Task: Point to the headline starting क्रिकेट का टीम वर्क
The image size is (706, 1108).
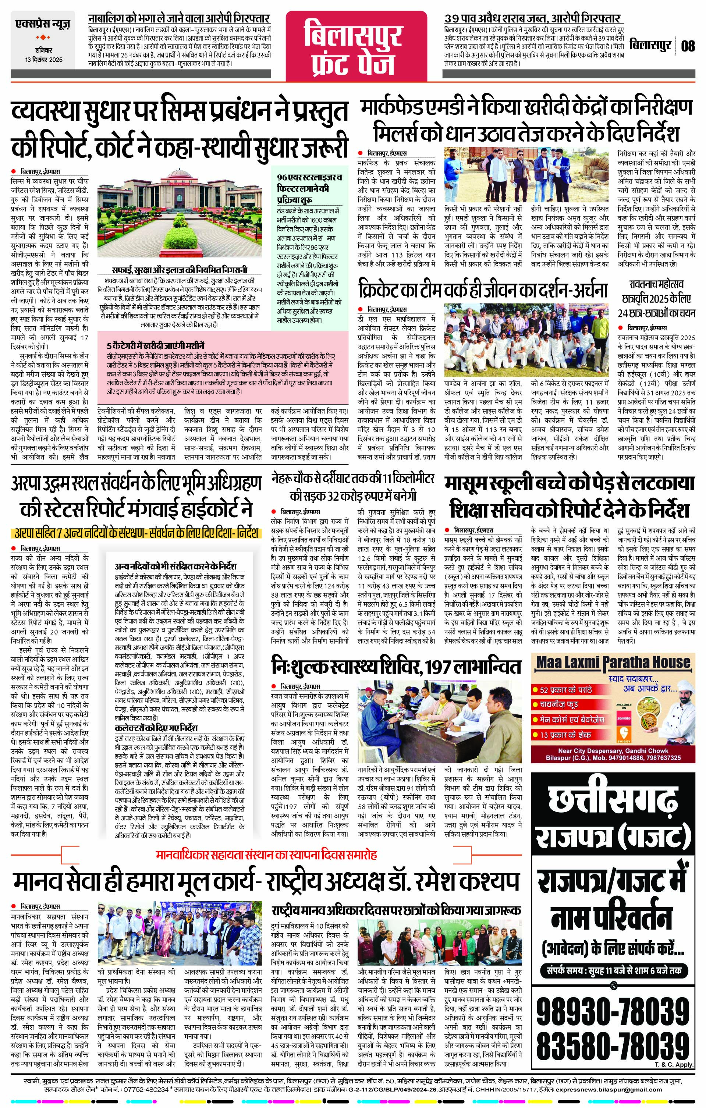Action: tap(483, 290)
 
